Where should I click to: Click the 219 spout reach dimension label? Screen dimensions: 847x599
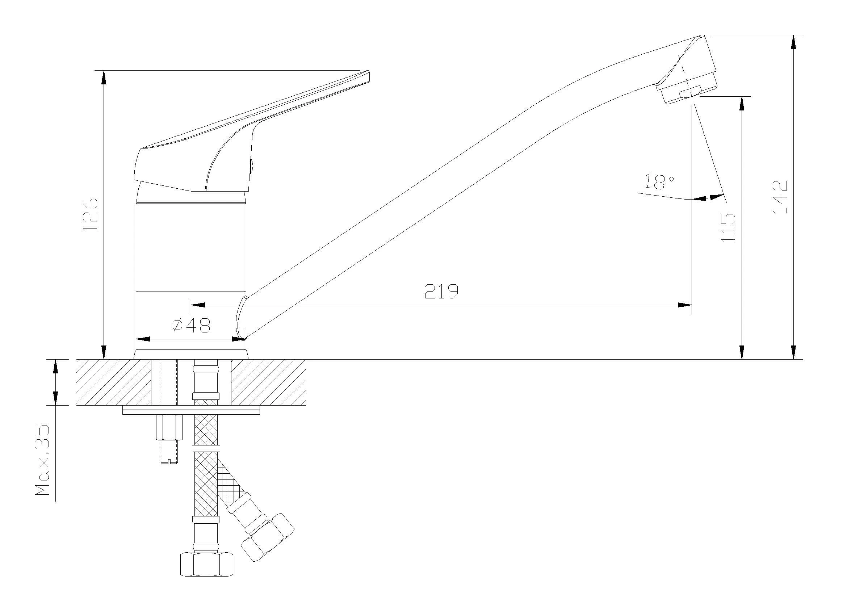click(441, 291)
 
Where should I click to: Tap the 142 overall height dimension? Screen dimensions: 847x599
click(780, 197)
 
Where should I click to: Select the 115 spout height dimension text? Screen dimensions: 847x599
click(728, 227)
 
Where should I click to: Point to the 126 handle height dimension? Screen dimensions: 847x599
click(91, 215)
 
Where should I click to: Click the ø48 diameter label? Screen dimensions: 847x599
click(192, 325)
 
